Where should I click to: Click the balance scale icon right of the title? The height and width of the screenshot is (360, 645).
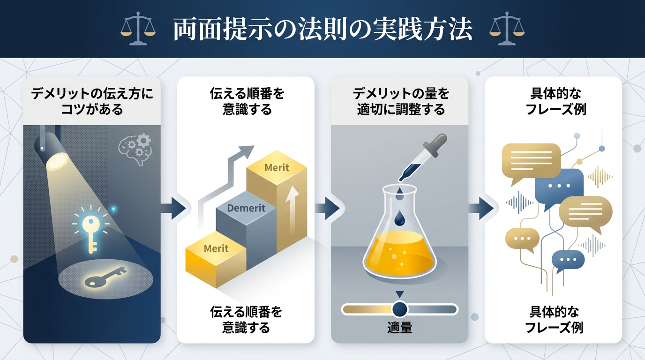tap(507, 29)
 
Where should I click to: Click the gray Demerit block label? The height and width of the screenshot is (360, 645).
tap(246, 208)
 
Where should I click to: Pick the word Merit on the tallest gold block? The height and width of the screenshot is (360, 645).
tap(277, 167)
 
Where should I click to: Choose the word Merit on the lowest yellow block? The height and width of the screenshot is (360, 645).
tap(216, 248)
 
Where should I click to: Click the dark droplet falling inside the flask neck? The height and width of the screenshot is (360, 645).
tap(400, 217)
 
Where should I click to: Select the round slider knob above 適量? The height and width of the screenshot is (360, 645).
tap(400, 309)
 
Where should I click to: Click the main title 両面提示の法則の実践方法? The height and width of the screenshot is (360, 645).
tap(322, 30)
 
